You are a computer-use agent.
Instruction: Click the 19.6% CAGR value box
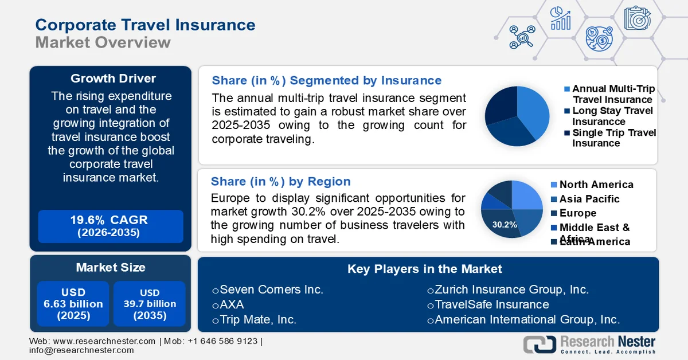111,226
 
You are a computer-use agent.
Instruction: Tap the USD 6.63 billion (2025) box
73,304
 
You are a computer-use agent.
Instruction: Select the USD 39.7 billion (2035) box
150,304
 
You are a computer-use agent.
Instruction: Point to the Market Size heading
111,267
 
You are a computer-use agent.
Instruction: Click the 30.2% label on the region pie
505,224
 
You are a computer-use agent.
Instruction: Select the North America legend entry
596,185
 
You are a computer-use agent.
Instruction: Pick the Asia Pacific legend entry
589,199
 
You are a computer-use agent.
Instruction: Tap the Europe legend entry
577,213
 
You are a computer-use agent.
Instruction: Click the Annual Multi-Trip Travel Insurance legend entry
613,94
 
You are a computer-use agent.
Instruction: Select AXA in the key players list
232,305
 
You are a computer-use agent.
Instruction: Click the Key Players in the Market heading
424,269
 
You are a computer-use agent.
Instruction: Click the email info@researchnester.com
81,350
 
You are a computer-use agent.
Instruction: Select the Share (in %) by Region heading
280,182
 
